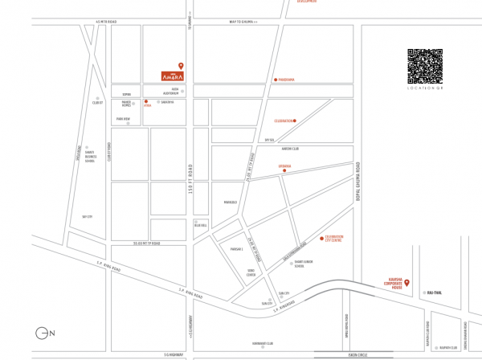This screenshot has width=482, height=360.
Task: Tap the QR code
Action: [426, 67]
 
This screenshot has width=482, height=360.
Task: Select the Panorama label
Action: [287, 80]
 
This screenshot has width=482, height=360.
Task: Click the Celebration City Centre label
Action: [333, 239]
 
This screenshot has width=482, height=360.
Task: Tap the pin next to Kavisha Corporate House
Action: [406, 282]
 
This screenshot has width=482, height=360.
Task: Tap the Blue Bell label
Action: [201, 226]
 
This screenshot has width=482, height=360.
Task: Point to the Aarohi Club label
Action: [290, 149]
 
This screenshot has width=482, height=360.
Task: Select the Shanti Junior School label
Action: [303, 262]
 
